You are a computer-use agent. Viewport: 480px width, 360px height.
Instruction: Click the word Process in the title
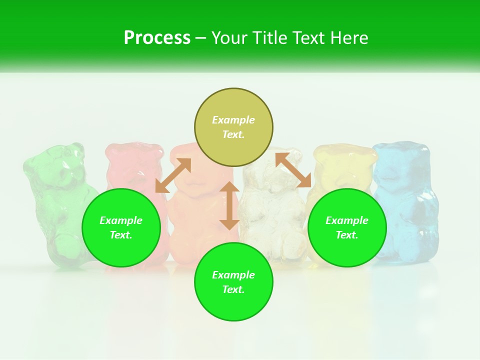pyautogui.click(x=157, y=38)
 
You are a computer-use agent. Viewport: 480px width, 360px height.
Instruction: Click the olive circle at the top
pyautogui.click(x=233, y=127)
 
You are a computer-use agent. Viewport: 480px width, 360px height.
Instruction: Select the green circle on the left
pyautogui.click(x=121, y=227)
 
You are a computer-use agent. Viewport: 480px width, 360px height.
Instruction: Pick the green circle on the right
pyautogui.click(x=347, y=227)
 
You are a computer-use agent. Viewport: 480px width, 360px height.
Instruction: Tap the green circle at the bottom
pyautogui.click(x=233, y=281)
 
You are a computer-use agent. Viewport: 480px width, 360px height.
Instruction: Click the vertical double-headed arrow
pyautogui.click(x=229, y=205)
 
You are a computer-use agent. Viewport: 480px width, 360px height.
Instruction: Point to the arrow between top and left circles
pyautogui.click(x=173, y=175)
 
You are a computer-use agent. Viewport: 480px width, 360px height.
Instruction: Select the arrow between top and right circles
pyautogui.click(x=293, y=170)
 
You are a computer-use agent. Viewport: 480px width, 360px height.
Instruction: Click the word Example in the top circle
pyautogui.click(x=233, y=120)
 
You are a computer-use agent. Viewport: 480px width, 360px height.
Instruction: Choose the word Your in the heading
pyautogui.click(x=231, y=38)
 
